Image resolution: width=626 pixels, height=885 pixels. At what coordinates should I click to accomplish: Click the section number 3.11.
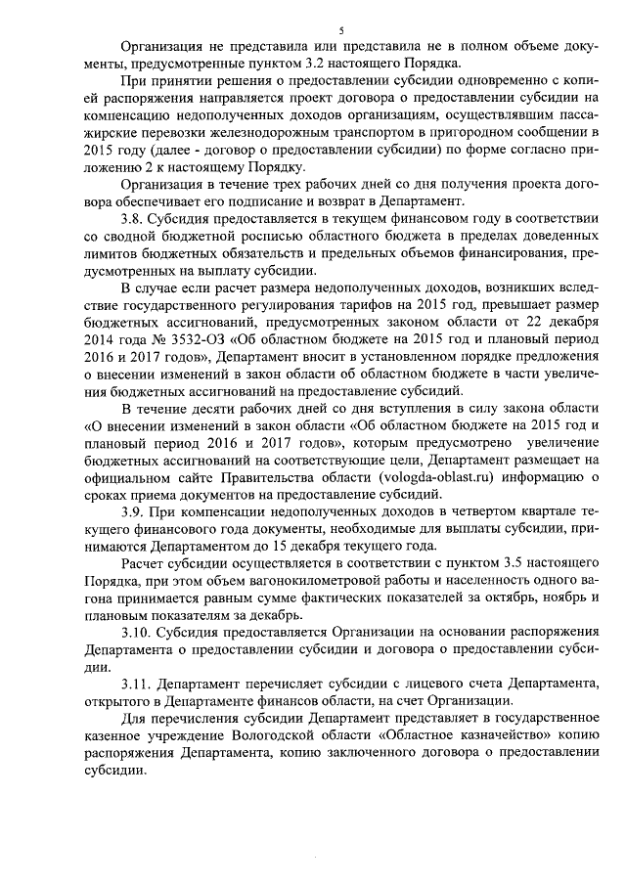(x=136, y=682)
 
